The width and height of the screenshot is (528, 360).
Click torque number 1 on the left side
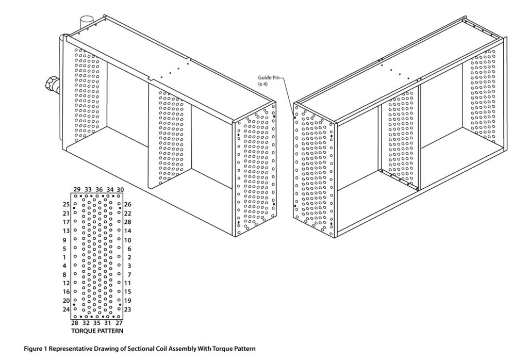[64, 257]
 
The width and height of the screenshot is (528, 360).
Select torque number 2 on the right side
[128, 257]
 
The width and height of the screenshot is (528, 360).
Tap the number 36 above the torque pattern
[99, 190]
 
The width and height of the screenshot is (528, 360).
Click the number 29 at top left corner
[77, 190]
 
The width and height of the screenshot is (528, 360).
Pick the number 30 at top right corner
[120, 190]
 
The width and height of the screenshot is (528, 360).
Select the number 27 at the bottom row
[119, 323]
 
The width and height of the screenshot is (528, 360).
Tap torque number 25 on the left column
[66, 205]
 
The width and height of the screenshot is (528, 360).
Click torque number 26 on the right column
[128, 205]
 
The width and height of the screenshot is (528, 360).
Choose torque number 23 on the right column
[128, 309]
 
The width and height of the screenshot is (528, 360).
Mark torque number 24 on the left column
[66, 309]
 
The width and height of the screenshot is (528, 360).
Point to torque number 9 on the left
[64, 240]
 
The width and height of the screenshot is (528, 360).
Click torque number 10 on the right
[128, 240]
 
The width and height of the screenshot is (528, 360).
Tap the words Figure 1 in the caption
[37, 349]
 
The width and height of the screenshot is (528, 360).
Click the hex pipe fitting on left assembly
[53, 84]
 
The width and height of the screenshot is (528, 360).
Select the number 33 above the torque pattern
[88, 190]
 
